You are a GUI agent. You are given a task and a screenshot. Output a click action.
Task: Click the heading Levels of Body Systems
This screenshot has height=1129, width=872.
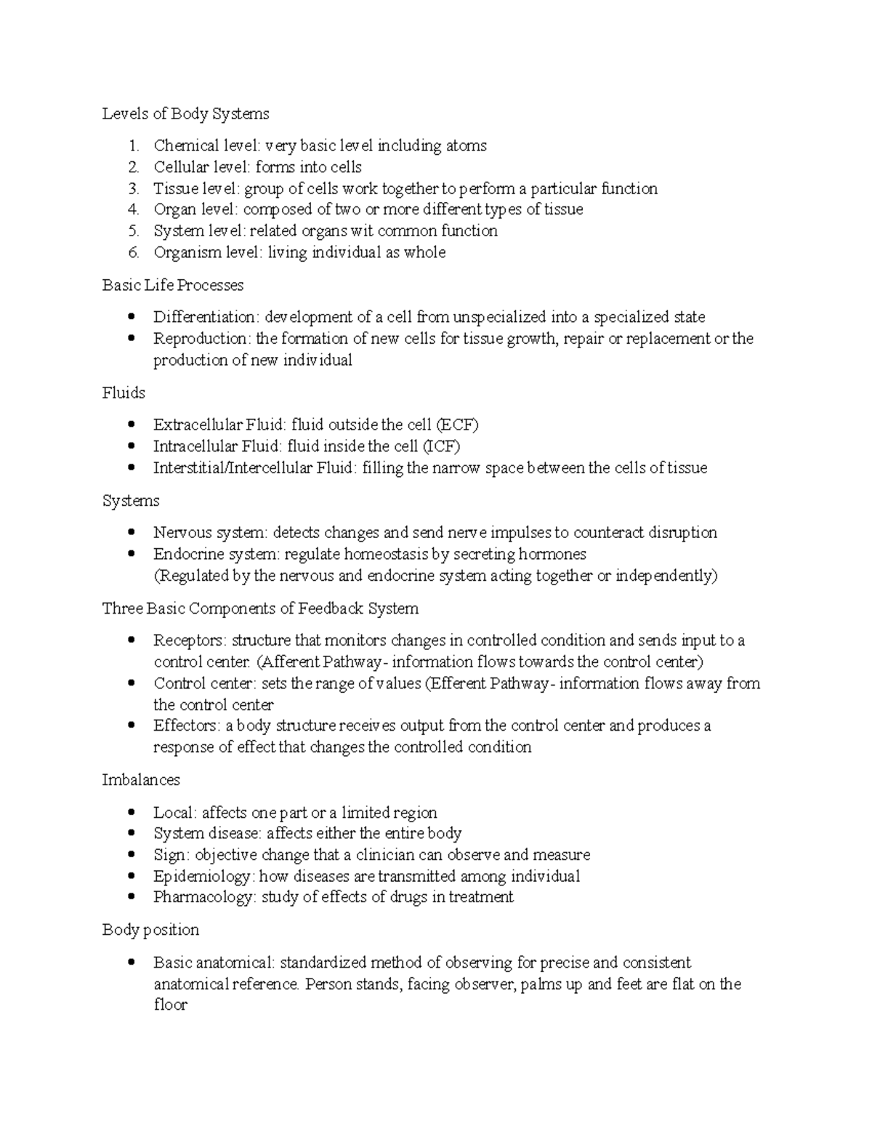[185, 113]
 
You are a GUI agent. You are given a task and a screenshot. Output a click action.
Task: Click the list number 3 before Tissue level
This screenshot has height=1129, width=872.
[133, 189]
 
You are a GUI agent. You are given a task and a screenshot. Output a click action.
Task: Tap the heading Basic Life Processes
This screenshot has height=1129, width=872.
[173, 285]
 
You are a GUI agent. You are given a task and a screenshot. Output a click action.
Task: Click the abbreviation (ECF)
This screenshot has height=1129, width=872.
[457, 425]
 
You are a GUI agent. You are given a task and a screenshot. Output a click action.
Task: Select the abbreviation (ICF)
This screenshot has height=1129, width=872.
[441, 446]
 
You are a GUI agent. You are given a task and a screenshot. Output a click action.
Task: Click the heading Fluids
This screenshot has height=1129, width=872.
[124, 393]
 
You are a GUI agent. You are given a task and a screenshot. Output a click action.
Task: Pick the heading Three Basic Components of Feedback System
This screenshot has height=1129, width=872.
[260, 608]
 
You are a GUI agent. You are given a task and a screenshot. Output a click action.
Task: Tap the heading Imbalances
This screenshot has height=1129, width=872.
[141, 780]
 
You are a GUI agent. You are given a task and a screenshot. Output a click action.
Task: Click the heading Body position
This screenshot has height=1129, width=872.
[150, 930]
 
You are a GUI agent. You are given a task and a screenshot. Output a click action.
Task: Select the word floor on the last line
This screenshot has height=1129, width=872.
[170, 1005]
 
